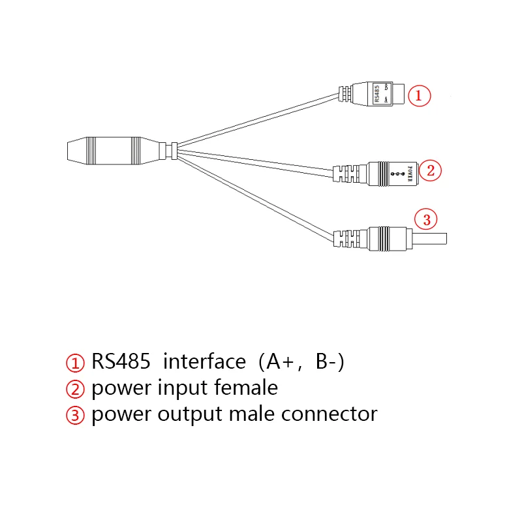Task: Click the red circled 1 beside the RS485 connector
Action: pyautogui.click(x=419, y=96)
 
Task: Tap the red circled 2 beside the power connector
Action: pyautogui.click(x=430, y=171)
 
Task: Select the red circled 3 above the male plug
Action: pyautogui.click(x=426, y=219)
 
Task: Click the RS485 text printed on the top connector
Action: pyautogui.click(x=377, y=94)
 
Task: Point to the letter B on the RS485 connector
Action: pyautogui.click(x=386, y=87)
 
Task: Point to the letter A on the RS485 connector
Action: pyautogui.click(x=386, y=100)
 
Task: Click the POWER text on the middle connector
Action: pyautogui.click(x=410, y=174)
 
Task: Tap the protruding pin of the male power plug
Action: pyautogui.click(x=429, y=239)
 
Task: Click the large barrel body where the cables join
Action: pyautogui.click(x=113, y=151)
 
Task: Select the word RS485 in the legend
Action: pyautogui.click(x=121, y=361)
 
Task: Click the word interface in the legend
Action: pyautogui.click(x=204, y=361)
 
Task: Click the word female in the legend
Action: pyautogui.click(x=246, y=387)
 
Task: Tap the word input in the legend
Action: pyautogui.click(x=183, y=389)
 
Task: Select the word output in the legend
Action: pyautogui.click(x=189, y=416)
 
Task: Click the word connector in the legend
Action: pyautogui.click(x=330, y=414)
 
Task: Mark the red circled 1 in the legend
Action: pyautogui.click(x=75, y=363)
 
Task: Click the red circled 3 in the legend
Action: pyautogui.click(x=75, y=416)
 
